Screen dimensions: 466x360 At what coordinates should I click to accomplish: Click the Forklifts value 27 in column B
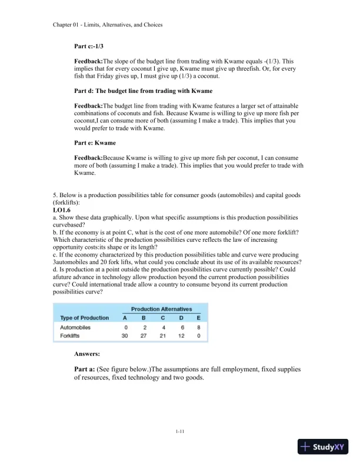pyautogui.click(x=145, y=336)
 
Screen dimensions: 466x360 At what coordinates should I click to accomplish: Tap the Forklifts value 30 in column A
pyautogui.click(x=125, y=336)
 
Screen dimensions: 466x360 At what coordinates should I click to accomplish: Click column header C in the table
pyautogui.click(x=164, y=318)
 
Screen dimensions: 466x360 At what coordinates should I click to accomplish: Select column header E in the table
pyautogui.click(x=199, y=318)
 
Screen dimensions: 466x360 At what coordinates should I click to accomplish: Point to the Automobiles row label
pyautogui.click(x=75, y=328)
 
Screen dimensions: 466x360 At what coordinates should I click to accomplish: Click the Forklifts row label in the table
pyautogui.click(x=72, y=336)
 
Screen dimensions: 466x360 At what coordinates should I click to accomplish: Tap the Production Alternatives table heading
pyautogui.click(x=161, y=309)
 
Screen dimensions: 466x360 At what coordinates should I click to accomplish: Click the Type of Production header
pyautogui.click(x=85, y=318)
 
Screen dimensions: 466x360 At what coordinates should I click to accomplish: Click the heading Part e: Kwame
pyautogui.click(x=95, y=143)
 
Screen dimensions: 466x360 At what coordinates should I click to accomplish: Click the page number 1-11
pyautogui.click(x=180, y=432)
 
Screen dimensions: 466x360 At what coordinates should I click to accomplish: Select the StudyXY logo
pyautogui.click(x=324, y=447)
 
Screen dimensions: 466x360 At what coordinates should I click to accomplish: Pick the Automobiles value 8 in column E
pyautogui.click(x=199, y=328)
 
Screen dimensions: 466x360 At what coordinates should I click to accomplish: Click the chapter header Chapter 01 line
pyautogui.click(x=108, y=25)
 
